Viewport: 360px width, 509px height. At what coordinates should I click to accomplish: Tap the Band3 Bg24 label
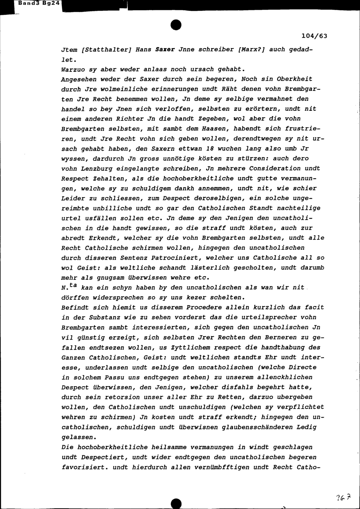click(32, 3)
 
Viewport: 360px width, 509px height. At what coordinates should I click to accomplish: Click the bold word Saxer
click(165, 50)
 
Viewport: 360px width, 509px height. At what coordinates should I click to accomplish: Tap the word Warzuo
click(72, 69)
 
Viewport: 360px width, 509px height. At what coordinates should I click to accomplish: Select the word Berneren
click(278, 337)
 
